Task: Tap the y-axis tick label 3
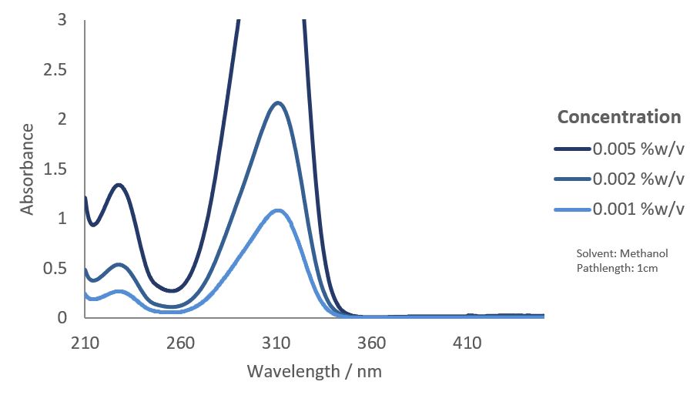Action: (62, 20)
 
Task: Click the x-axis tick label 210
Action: (85, 343)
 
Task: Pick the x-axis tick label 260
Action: (180, 343)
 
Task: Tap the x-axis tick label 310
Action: (276, 343)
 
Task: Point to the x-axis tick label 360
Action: (371, 343)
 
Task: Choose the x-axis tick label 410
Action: (467, 343)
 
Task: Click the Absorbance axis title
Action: (27, 169)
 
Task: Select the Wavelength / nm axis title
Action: (314, 371)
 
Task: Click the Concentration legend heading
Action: (619, 117)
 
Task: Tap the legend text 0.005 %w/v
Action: (638, 149)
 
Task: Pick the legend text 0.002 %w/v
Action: (638, 179)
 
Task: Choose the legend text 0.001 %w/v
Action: (638, 210)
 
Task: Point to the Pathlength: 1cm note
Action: (617, 268)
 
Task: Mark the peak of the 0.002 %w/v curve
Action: (277, 103)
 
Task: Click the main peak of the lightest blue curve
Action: (277, 210)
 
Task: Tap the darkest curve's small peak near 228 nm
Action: (119, 185)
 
